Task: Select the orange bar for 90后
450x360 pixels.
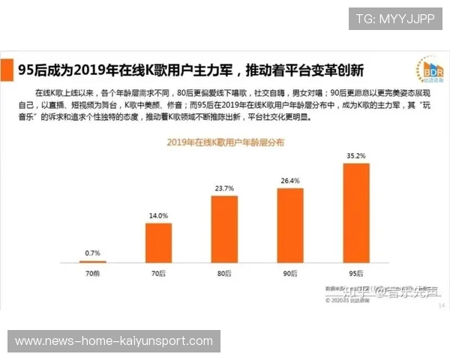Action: (x=290, y=224)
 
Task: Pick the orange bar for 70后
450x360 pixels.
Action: (x=158, y=242)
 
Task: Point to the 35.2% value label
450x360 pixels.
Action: (x=356, y=156)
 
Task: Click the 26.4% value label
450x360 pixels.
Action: (x=290, y=181)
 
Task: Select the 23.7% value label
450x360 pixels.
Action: (x=224, y=188)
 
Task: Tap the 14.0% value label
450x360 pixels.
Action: (x=158, y=215)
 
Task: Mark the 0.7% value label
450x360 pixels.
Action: (x=93, y=253)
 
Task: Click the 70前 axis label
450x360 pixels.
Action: (x=93, y=274)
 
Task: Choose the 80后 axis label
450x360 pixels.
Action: (x=224, y=274)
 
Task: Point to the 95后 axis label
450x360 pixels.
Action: (x=356, y=274)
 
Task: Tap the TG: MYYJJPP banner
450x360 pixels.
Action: (x=395, y=19)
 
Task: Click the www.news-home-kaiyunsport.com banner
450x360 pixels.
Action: (x=114, y=341)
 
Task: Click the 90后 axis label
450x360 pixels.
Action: (x=290, y=274)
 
